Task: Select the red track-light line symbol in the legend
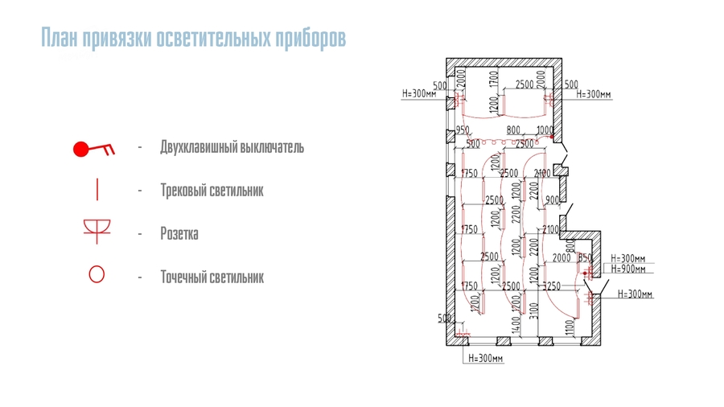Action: pos(97,191)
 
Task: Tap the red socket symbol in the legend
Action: pos(97,232)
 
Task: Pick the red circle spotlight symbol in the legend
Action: pos(97,275)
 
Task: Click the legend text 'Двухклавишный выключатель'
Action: pos(232,149)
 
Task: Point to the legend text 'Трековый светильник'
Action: pos(212,191)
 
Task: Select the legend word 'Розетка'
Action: pos(179,234)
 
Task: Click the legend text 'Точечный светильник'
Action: pos(212,277)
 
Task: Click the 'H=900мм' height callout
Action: pos(627,269)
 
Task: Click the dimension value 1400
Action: pos(517,324)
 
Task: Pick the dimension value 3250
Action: pos(551,286)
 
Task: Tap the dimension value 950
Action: pos(462,130)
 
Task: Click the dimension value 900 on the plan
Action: pos(551,199)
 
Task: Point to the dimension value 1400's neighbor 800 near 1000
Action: pos(513,130)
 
